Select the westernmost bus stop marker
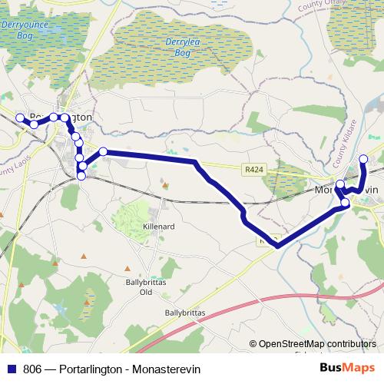pyautogui.click(x=20, y=118)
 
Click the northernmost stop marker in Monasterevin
pyautogui.click(x=363, y=159)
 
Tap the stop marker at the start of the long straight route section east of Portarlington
pyautogui.click(x=103, y=151)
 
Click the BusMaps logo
pyautogui.click(x=352, y=368)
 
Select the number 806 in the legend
pyautogui.click(x=32, y=369)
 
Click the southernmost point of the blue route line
pyautogui.click(x=276, y=246)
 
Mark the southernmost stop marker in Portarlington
pyautogui.click(x=81, y=177)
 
